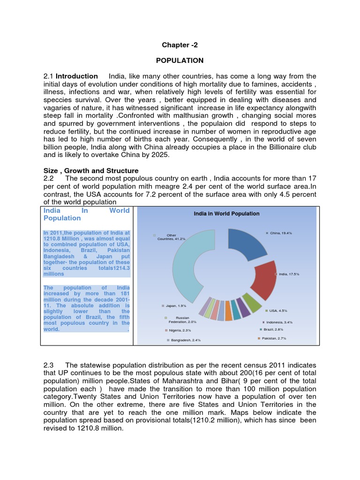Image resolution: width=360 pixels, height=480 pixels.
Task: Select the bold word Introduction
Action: tap(77, 76)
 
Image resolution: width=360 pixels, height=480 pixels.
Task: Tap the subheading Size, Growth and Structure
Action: tap(91, 171)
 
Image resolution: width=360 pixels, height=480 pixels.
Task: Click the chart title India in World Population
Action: tap(226, 214)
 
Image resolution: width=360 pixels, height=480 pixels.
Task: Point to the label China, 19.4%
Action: tap(280, 233)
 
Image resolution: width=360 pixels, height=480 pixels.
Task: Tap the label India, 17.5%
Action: tap(288, 274)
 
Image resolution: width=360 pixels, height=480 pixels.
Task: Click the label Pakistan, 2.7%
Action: tap(274, 338)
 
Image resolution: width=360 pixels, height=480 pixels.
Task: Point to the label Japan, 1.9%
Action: tap(176, 306)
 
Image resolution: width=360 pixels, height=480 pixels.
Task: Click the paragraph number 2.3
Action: tap(49, 365)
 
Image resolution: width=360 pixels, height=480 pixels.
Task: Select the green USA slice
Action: tap(254, 304)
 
